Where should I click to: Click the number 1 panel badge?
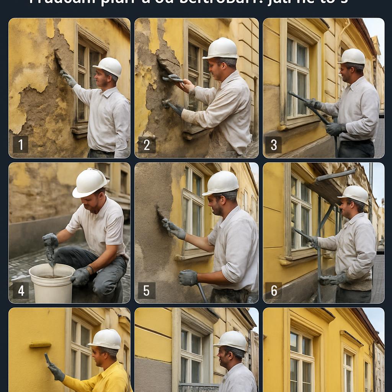[x=20, y=144]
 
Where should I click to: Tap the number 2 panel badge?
[x=146, y=144]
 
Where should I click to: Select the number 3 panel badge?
[x=274, y=145]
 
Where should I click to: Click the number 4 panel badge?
[x=21, y=290]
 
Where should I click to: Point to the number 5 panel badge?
[x=146, y=290]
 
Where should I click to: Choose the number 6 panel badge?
[x=274, y=290]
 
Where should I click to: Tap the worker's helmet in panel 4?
[x=90, y=183]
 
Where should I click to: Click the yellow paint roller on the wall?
[x=40, y=345]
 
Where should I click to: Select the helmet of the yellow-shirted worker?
[x=106, y=338]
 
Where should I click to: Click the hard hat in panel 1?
[x=108, y=67]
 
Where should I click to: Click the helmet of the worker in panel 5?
[x=221, y=183]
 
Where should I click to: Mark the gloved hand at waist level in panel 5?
[x=188, y=278]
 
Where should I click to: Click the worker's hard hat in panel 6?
[x=353, y=194]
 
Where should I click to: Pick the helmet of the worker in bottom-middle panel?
[x=230, y=340]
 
